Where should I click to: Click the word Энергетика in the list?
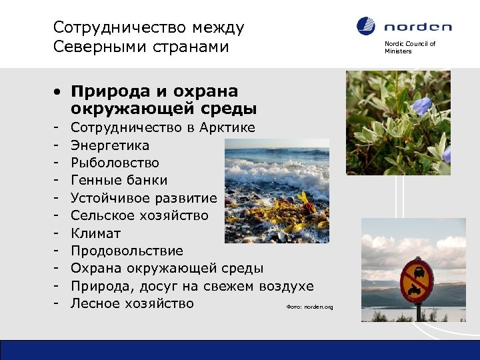pyautogui.click(x=110, y=145)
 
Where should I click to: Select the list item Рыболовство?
pyautogui.click(x=115, y=163)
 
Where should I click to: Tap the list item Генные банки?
pyautogui.click(x=119, y=181)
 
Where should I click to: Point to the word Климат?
pyautogui.click(x=95, y=233)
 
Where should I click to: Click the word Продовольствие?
pyautogui.click(x=127, y=251)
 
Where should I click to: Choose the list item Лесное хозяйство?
pyautogui.click(x=132, y=304)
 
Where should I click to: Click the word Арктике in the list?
pyautogui.click(x=229, y=127)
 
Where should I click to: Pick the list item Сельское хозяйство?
pyautogui.click(x=139, y=216)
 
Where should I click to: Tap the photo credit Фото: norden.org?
pyautogui.click(x=309, y=307)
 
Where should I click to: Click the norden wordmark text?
pyautogui.click(x=418, y=27)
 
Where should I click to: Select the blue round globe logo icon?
pyautogui.click(x=366, y=27)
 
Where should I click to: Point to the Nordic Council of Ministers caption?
pyautogui.click(x=409, y=47)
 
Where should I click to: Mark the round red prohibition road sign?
pyautogui.click(x=417, y=279)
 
